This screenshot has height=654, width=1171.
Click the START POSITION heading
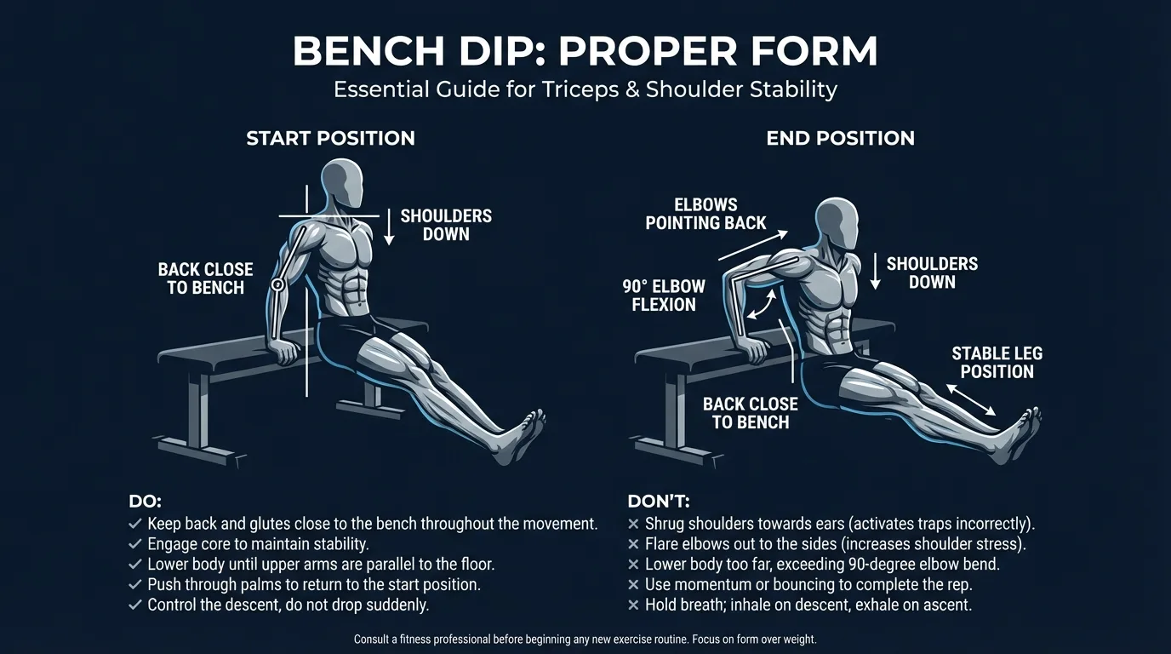coord(330,138)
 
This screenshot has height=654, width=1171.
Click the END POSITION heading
coord(840,138)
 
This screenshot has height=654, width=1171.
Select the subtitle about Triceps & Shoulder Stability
coord(585,89)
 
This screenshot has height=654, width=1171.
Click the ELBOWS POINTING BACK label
coord(705,214)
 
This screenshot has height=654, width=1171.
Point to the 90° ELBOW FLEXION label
coord(664,295)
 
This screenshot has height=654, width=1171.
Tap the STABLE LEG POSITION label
coord(997,362)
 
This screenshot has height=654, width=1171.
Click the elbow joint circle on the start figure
coord(277,284)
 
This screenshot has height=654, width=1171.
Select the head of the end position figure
coord(836,224)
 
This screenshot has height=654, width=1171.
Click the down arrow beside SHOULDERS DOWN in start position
coord(389,227)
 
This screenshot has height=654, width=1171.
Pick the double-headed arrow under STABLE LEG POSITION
coord(970,398)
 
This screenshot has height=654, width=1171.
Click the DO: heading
coord(145,502)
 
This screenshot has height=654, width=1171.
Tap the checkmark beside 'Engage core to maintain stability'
coord(134,544)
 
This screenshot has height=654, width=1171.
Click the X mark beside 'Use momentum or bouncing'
coord(633,585)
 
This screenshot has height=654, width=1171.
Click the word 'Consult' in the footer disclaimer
coord(375,640)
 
